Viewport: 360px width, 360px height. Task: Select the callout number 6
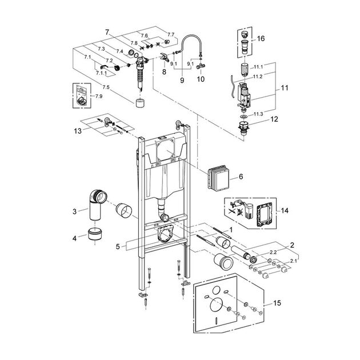(241, 178)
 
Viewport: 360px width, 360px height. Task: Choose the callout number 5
(117, 246)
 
